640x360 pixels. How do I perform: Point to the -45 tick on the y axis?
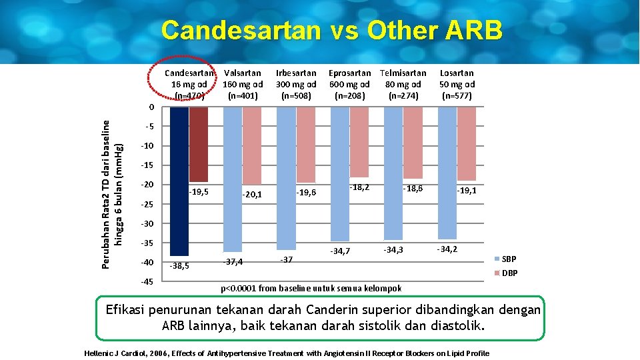click(147, 281)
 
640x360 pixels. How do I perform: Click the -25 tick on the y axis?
click(147, 203)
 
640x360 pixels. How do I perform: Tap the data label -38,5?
click(179, 266)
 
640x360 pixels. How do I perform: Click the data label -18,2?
click(359, 188)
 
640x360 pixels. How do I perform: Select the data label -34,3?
click(393, 250)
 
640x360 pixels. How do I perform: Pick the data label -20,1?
click(252, 195)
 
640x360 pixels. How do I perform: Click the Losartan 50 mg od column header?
click(457, 84)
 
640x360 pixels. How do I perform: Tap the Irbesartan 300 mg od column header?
click(296, 84)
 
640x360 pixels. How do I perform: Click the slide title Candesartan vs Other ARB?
click(331, 31)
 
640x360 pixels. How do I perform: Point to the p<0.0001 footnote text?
click(311, 288)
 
